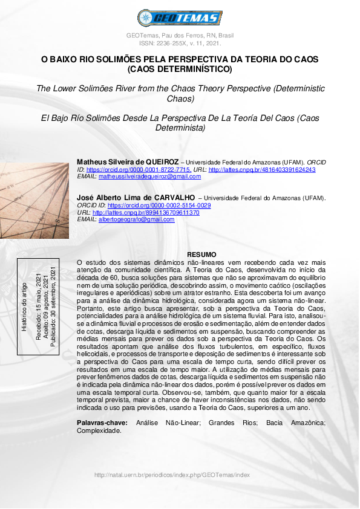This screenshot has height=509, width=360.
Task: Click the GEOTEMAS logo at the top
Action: point(180,18)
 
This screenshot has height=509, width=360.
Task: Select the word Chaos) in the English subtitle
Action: point(180,98)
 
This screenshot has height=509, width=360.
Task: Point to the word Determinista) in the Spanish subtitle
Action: point(180,128)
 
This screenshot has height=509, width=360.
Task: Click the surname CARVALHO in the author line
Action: point(172,197)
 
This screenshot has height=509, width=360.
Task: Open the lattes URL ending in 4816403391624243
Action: point(261,170)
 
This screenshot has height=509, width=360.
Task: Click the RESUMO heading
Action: point(201,255)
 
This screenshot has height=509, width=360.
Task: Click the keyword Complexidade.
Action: point(99,431)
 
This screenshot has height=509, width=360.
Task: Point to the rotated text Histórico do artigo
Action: point(24,306)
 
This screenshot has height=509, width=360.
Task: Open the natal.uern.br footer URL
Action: point(172,475)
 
